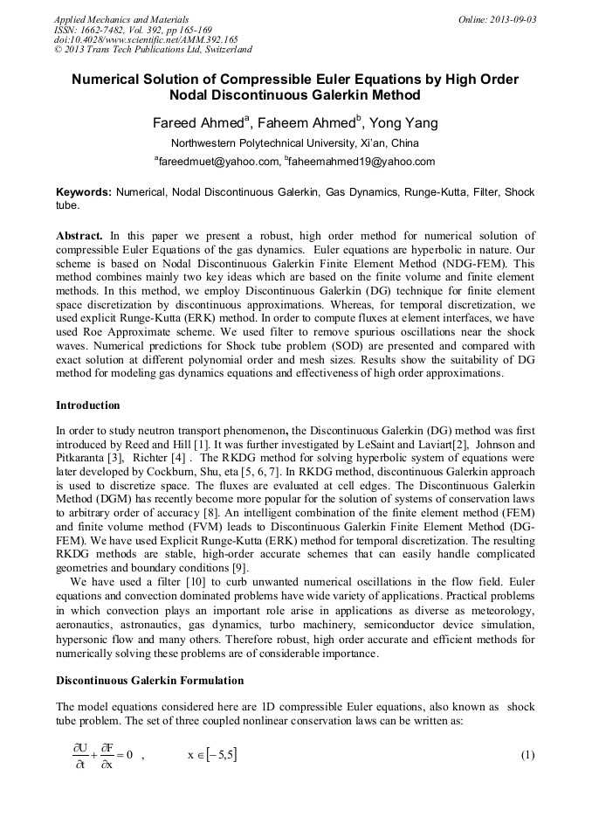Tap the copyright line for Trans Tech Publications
(153, 50)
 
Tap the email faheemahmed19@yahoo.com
(361, 162)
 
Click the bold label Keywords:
(84, 191)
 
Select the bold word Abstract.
(80, 236)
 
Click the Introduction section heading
(88, 405)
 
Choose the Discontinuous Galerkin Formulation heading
(149, 680)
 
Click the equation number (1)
(527, 754)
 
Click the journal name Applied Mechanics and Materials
(120, 19)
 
